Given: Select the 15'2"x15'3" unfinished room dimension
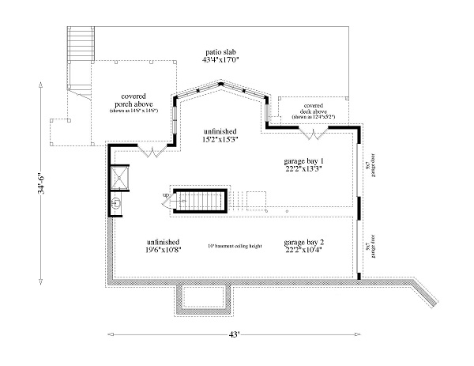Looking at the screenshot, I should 220,140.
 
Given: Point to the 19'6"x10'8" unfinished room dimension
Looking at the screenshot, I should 163,251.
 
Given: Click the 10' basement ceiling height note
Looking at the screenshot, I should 233,247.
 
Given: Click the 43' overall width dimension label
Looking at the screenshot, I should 234,335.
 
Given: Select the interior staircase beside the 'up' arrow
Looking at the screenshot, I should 201,202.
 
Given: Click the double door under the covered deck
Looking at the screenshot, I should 315,135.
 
